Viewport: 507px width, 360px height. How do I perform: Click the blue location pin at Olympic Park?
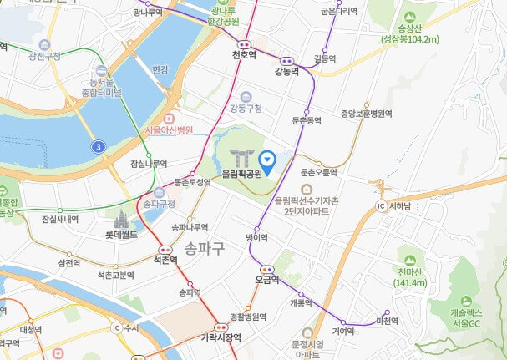point(268,158)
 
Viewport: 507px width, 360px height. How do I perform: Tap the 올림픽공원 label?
point(243,175)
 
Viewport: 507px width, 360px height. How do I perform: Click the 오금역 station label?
point(267,281)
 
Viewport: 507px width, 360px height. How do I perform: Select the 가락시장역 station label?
point(221,337)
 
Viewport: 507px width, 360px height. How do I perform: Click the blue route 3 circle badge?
point(99,147)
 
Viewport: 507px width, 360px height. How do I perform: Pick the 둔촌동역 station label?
point(306,121)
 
